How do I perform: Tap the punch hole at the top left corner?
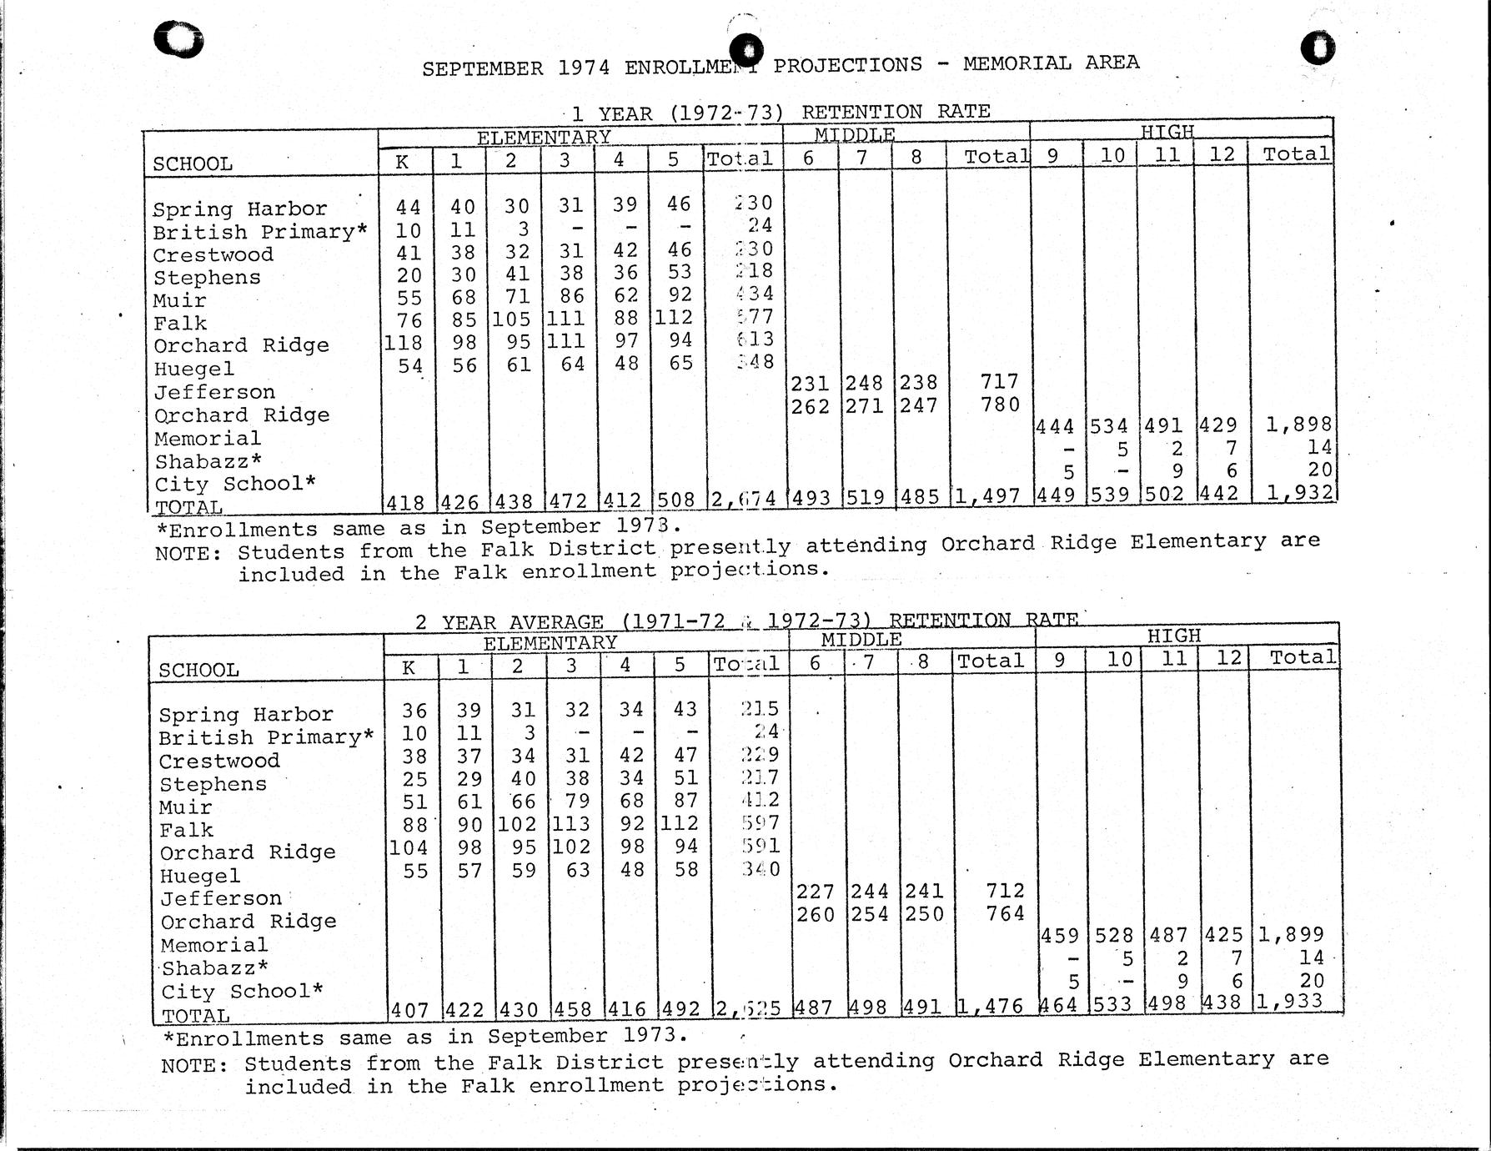179,40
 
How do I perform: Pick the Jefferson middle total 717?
999,381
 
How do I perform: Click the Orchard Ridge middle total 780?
1001,405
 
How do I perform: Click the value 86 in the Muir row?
571,296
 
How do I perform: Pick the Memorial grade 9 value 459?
1060,936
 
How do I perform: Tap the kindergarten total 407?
409,1010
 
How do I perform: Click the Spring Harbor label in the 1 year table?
239,209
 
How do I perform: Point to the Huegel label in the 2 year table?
199,876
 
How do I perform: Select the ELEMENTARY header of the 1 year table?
544,137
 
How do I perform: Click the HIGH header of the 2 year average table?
1174,636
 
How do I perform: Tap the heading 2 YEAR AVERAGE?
509,622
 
